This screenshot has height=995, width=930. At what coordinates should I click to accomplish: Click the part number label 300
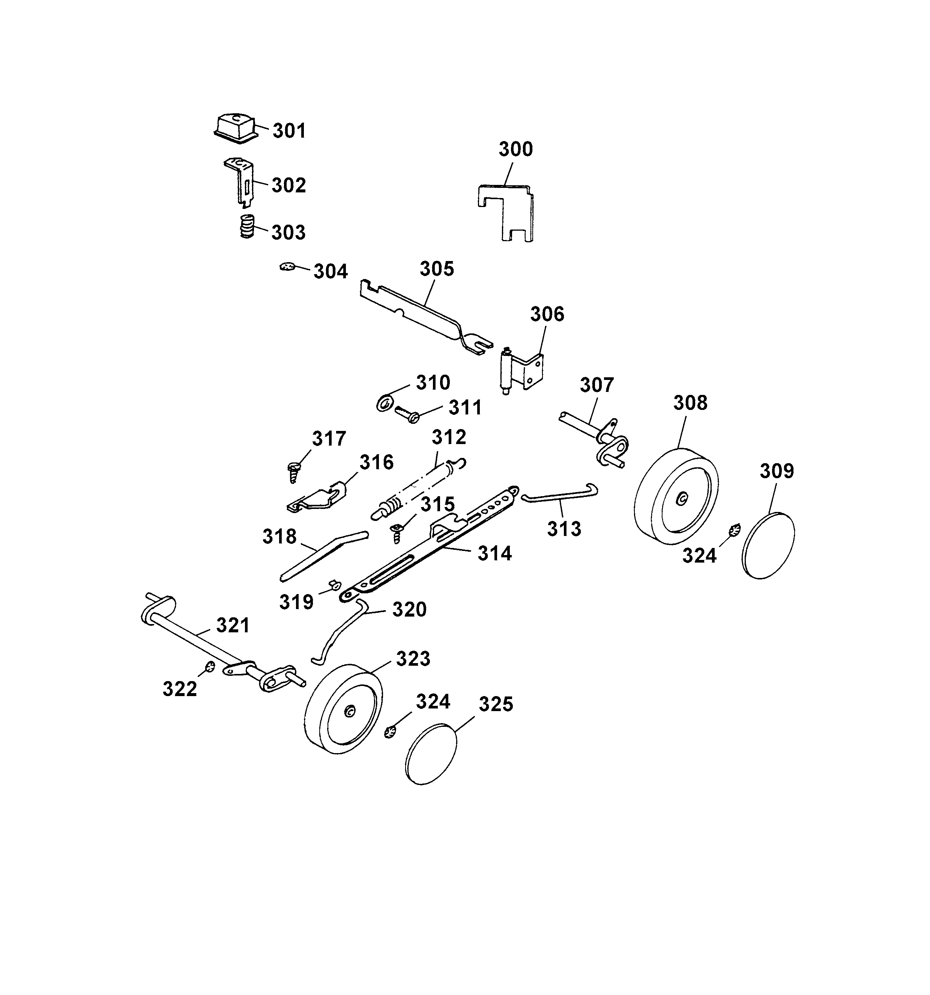point(515,149)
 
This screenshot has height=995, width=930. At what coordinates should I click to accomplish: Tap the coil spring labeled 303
point(246,227)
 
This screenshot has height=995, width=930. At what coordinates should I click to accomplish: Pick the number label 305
point(436,269)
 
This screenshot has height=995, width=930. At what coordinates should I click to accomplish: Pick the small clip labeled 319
point(335,583)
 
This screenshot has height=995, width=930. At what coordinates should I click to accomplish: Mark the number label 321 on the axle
point(233,626)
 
